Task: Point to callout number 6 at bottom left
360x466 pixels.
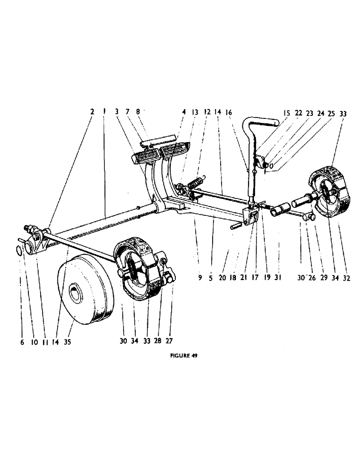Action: tap(22, 342)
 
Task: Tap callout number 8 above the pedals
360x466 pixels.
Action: tap(138, 112)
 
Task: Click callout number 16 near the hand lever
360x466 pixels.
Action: tap(228, 112)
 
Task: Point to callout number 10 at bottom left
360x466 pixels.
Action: tap(35, 342)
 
